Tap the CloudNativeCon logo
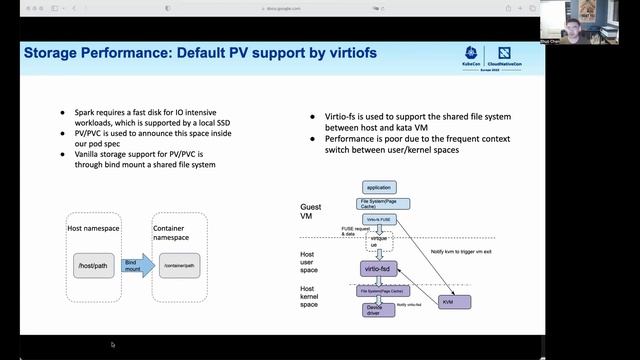click(x=505, y=54)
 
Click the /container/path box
click(x=183, y=265)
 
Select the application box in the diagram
click(x=379, y=187)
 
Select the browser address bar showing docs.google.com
click(x=320, y=7)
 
